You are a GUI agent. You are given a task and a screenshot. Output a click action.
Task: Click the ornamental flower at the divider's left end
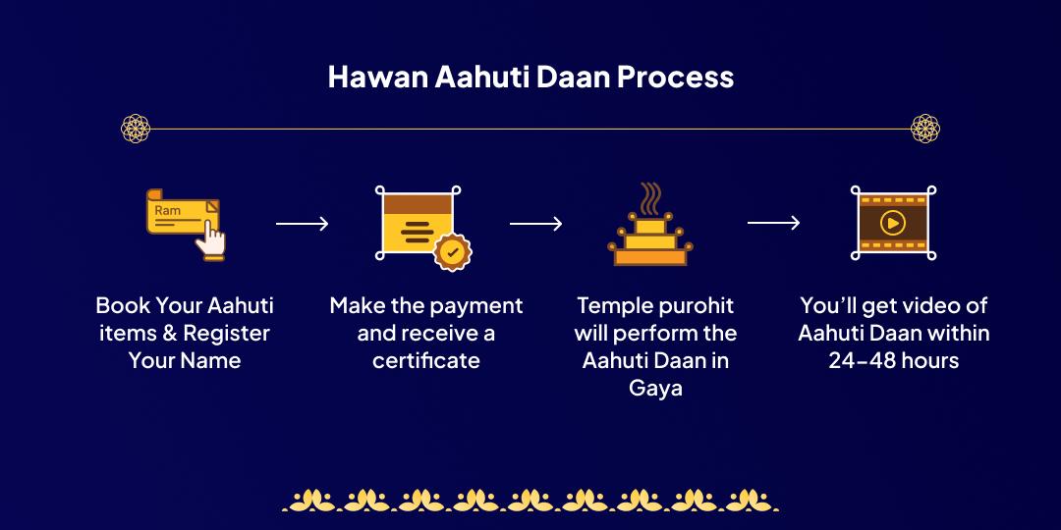pyautogui.click(x=136, y=129)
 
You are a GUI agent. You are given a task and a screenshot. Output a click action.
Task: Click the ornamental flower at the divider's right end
pyautogui.click(x=925, y=129)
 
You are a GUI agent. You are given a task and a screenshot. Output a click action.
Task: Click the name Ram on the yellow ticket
pyautogui.click(x=167, y=211)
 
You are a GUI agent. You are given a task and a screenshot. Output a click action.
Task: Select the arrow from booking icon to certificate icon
pyautogui.click(x=302, y=225)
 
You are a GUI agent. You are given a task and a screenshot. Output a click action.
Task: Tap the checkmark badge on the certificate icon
pyautogui.click(x=452, y=251)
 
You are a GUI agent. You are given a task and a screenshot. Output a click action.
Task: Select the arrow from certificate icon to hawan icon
pyautogui.click(x=535, y=225)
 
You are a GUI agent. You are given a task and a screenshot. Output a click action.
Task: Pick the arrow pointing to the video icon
pyautogui.click(x=773, y=225)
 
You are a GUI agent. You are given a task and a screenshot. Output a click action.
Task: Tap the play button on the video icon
pyautogui.click(x=892, y=223)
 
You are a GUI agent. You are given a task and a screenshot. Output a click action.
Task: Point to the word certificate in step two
pyautogui.click(x=426, y=361)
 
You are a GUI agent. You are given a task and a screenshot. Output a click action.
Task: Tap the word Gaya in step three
pyautogui.click(x=655, y=389)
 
